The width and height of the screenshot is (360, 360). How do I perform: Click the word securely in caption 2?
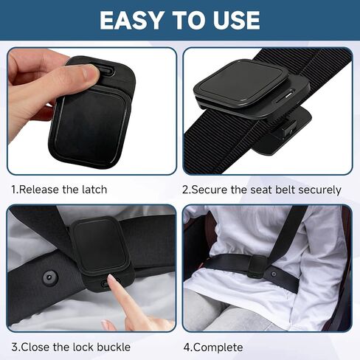pos(317,190)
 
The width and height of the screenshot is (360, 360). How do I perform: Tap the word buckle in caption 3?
pos(113,347)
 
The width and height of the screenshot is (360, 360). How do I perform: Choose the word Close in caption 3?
pos(36,347)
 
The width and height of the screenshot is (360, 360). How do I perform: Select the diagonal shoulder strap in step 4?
pos(290,229)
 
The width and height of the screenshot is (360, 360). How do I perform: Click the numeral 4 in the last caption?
pos(186,347)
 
